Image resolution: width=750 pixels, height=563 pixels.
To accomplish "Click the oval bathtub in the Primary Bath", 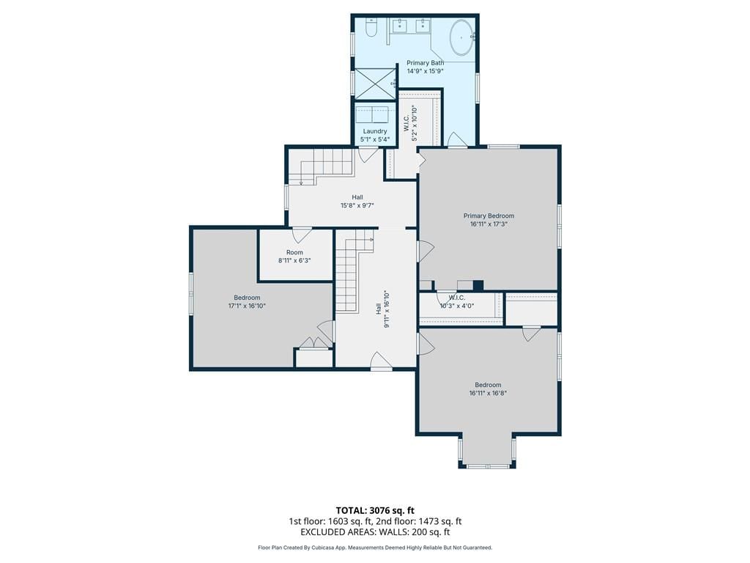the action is point(461,37).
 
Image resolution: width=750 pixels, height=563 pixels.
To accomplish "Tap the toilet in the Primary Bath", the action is point(371,29).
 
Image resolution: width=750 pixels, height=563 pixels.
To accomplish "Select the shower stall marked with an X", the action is point(374,84).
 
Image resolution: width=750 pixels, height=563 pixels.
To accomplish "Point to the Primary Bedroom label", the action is point(489,216).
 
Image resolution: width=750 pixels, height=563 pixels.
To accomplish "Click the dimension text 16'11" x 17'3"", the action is point(489,224).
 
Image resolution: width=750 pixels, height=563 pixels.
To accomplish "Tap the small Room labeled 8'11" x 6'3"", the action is point(294,257).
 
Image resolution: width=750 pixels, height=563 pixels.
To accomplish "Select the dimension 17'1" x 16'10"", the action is point(247,306).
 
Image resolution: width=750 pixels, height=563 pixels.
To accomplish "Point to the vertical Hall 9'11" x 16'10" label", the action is point(382,309).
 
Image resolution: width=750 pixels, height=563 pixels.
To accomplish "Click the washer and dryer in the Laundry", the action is point(373,115).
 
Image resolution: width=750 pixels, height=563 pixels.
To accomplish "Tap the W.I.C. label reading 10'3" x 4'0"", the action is point(457,301).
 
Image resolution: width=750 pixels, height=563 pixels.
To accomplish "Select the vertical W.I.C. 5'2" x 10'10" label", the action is point(410,123).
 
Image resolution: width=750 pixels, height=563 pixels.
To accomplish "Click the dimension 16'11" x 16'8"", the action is point(488,393).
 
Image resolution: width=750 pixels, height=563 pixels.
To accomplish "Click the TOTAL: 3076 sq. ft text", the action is point(374,510).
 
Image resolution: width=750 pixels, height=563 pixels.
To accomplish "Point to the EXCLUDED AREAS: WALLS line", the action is point(375,532).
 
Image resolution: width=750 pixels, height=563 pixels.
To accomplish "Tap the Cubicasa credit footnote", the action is point(375,548).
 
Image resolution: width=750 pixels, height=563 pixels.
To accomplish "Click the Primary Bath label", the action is point(426,63).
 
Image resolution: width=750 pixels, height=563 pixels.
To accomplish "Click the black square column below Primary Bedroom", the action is point(478,285).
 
